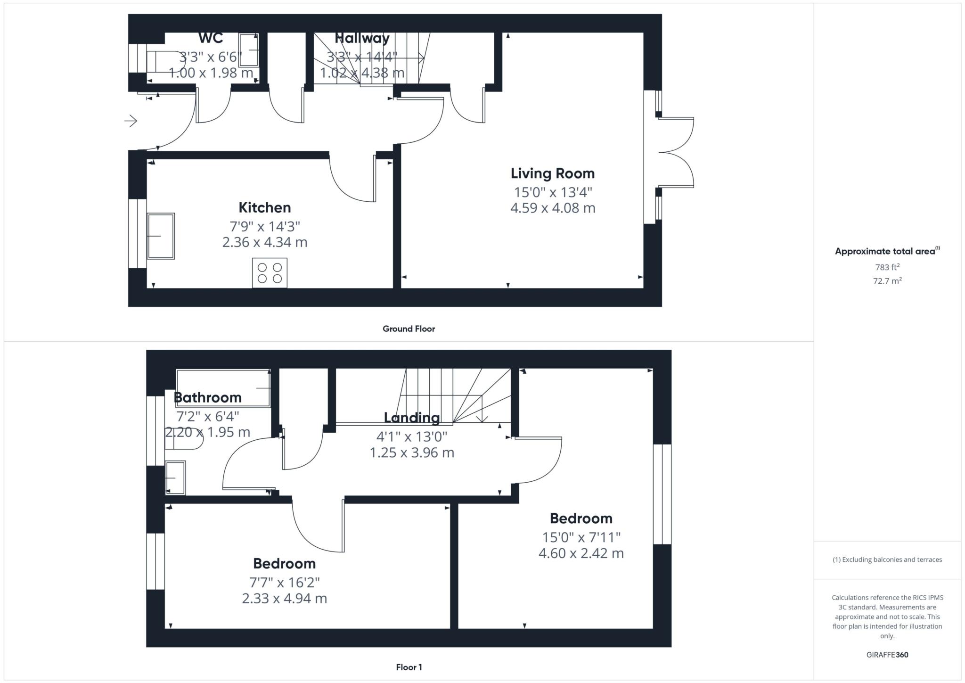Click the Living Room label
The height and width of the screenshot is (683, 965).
(552, 173)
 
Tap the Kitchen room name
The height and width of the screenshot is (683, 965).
(264, 207)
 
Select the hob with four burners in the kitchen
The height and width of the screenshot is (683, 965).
(270, 272)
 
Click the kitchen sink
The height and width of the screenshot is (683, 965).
(161, 236)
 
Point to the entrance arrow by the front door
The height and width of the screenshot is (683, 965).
(131, 121)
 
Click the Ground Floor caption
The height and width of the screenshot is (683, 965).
(409, 329)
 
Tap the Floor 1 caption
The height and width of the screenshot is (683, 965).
(409, 667)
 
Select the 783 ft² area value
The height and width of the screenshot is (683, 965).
(887, 267)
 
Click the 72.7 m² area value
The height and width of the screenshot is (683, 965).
(887, 281)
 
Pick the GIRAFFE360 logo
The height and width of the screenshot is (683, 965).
(887, 655)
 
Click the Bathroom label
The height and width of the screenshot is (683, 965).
(207, 397)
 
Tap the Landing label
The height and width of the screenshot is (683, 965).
(412, 418)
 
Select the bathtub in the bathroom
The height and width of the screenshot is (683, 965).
(223, 387)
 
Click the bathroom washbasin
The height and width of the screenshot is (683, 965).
(175, 477)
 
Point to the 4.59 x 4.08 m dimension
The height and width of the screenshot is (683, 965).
(552, 208)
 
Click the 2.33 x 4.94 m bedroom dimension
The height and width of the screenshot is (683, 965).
(284, 598)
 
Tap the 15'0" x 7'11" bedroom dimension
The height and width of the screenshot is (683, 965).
(581, 537)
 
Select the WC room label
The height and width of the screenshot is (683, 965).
(210, 38)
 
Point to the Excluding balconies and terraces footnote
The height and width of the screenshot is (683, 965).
(887, 560)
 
